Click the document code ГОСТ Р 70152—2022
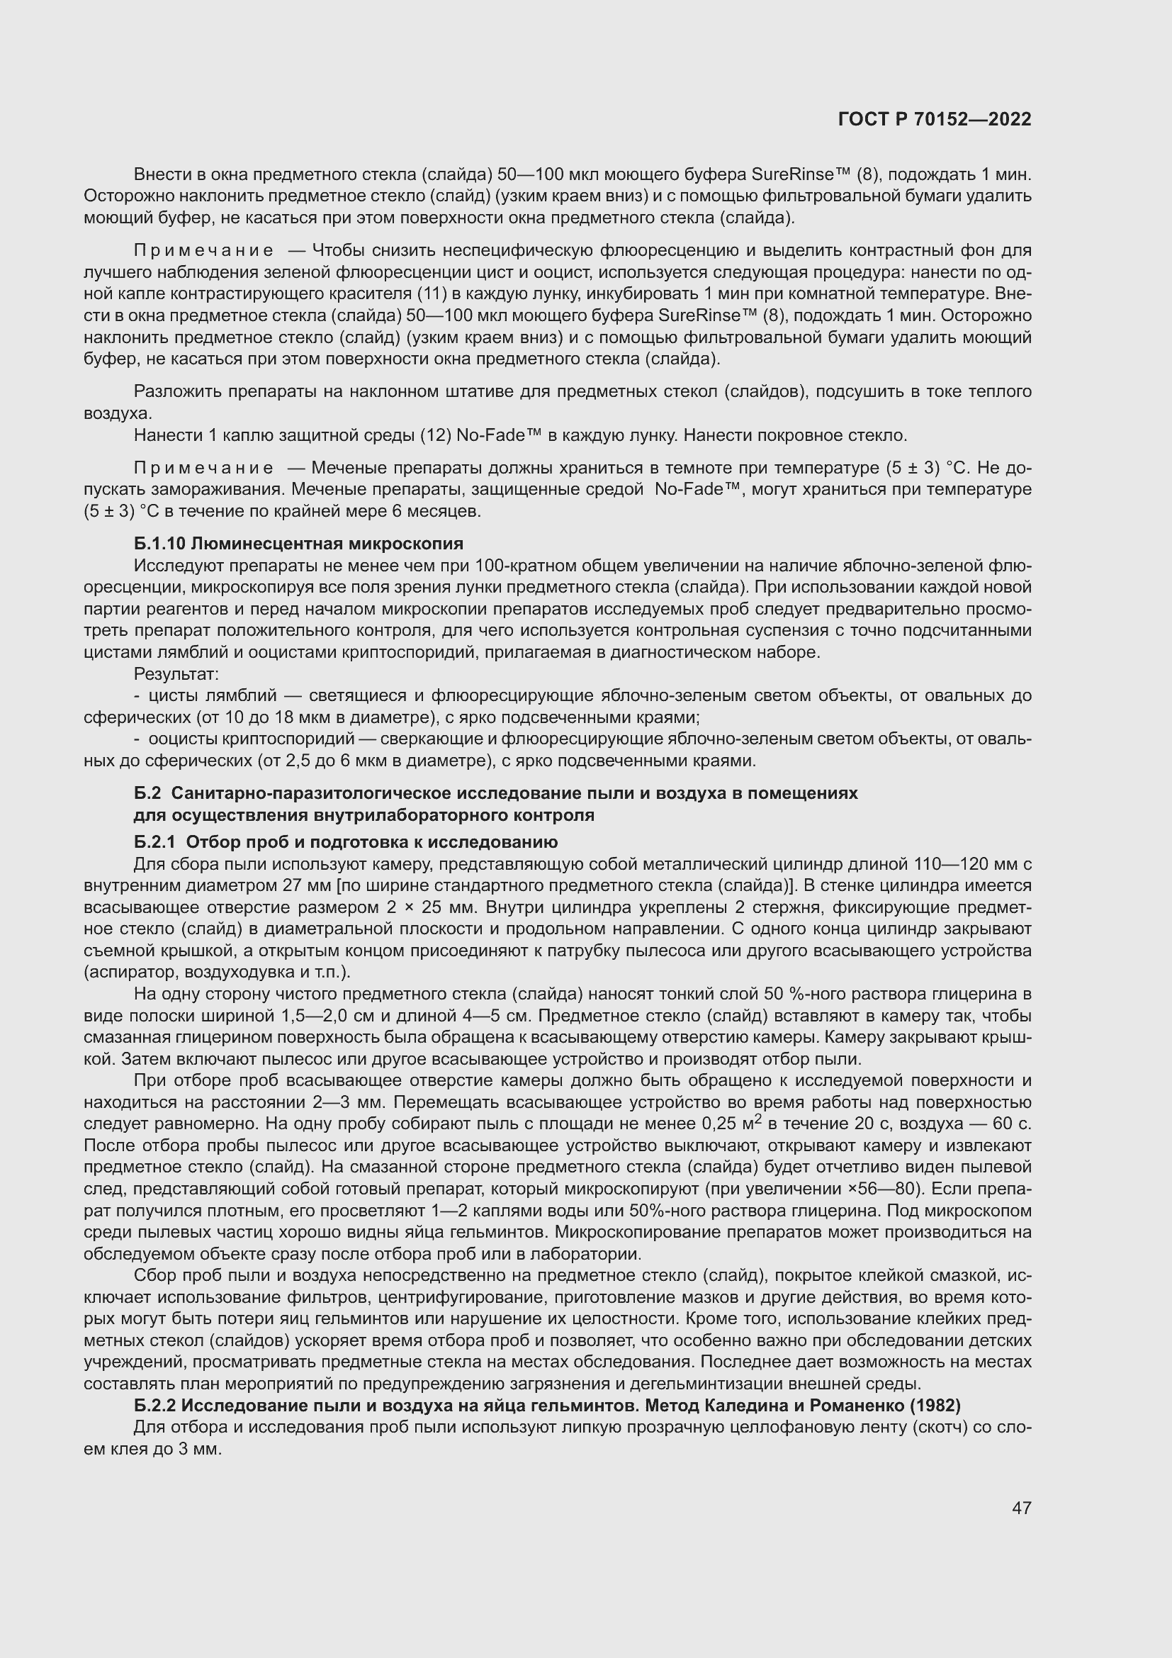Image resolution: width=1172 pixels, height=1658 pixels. [x=935, y=119]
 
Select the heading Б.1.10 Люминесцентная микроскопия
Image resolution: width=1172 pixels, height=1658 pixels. [x=298, y=543]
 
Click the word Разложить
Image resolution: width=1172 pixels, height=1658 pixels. [x=178, y=391]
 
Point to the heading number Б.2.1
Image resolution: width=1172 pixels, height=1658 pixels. [x=154, y=842]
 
